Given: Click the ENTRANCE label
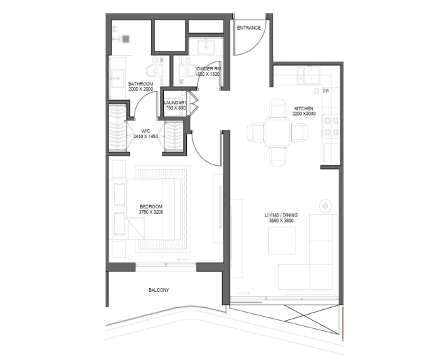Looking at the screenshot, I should (248, 28).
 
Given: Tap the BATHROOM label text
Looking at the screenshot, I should (142, 84).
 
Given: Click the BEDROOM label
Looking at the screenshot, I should (151, 206).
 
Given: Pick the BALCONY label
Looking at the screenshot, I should (158, 290).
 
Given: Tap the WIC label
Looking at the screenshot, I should (145, 131).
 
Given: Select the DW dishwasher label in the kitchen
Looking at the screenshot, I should (326, 91).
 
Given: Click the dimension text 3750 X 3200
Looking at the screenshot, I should (151, 212).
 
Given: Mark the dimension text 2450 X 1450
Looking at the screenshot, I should (145, 137).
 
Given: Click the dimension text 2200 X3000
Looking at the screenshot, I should (304, 114).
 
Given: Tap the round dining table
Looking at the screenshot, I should (276, 131).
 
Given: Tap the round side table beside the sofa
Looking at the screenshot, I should (326, 203).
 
